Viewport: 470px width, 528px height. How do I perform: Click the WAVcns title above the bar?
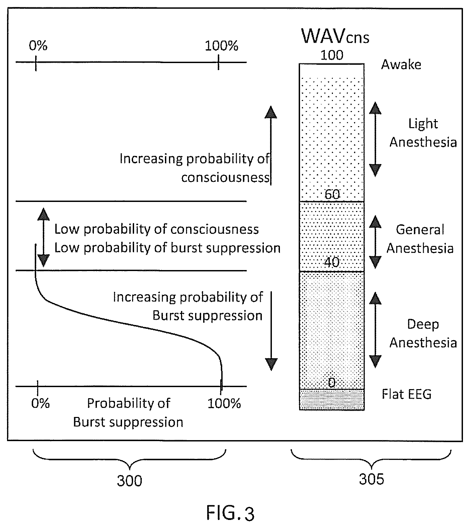pyautogui.click(x=335, y=36)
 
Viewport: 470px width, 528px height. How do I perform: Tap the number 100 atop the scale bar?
pyautogui.click(x=332, y=55)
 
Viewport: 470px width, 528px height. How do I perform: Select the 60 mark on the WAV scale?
pyautogui.click(x=332, y=195)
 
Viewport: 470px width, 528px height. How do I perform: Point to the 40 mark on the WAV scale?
pyautogui.click(x=332, y=262)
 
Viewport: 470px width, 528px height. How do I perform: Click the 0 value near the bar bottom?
pyautogui.click(x=332, y=382)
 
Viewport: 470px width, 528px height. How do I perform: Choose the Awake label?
pyautogui.click(x=401, y=64)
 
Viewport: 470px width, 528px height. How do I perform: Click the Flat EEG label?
pyautogui.click(x=407, y=394)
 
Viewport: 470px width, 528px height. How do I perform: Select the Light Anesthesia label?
pyautogui.click(x=423, y=133)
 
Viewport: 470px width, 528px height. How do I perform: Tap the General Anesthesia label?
pyautogui.click(x=420, y=239)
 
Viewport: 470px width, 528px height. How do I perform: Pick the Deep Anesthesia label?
pyautogui.click(x=423, y=333)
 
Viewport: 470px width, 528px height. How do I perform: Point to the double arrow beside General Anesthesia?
pyautogui.click(x=375, y=242)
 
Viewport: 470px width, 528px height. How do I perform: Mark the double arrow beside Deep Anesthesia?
pyautogui.click(x=375, y=330)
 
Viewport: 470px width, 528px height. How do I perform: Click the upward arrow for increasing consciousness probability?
pyautogui.click(x=271, y=145)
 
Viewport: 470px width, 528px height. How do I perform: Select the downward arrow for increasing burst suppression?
pyautogui.click(x=271, y=331)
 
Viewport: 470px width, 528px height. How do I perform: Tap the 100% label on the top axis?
pyautogui.click(x=222, y=46)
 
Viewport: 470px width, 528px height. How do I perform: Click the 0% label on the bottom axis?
pyautogui.click(x=41, y=403)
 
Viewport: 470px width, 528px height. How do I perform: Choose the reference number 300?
pyautogui.click(x=129, y=481)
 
